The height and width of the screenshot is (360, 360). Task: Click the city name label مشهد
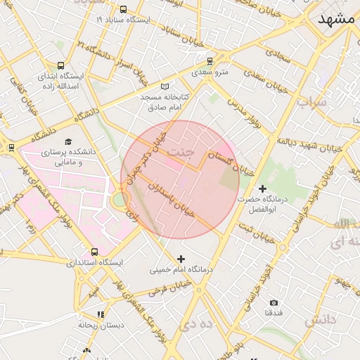coord(337,20)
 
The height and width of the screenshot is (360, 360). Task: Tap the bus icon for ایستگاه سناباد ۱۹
coord(124,10)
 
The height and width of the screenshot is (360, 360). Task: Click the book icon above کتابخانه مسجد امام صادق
coord(165,86)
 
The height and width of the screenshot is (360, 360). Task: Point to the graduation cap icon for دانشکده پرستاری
coord(68,141)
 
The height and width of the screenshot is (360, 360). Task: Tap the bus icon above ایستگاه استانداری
coord(94,252)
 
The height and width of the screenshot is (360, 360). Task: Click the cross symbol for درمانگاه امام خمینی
coord(181,259)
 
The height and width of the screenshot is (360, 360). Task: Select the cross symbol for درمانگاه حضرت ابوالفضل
coord(262,189)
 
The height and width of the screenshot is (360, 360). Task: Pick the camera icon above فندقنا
coord(274,302)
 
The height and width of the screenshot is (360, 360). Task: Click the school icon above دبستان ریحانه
coord(101,314)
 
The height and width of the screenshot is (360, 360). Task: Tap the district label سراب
coord(311,103)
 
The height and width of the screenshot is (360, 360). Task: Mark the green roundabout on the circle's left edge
coord(120,201)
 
